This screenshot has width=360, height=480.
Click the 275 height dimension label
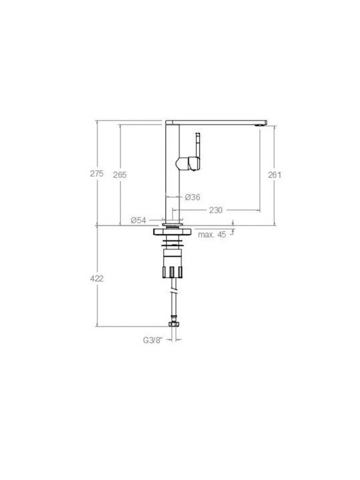click(x=97, y=173)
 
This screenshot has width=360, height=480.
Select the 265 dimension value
click(x=120, y=175)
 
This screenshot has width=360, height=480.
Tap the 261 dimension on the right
click(x=275, y=175)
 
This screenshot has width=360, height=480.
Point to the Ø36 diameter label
click(x=193, y=197)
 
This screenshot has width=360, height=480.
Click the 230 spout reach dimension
click(x=216, y=210)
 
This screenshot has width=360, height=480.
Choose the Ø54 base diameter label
click(x=139, y=220)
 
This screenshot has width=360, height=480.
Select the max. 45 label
click(x=212, y=235)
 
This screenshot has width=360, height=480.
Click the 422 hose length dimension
click(x=97, y=279)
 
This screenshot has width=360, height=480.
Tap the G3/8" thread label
click(x=153, y=340)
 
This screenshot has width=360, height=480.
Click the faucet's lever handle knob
click(x=188, y=163)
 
